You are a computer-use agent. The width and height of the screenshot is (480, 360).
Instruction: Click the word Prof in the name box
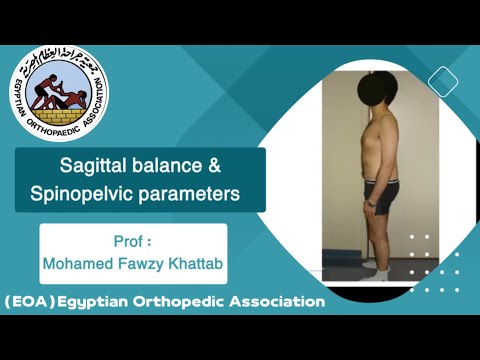[x=130, y=243]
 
